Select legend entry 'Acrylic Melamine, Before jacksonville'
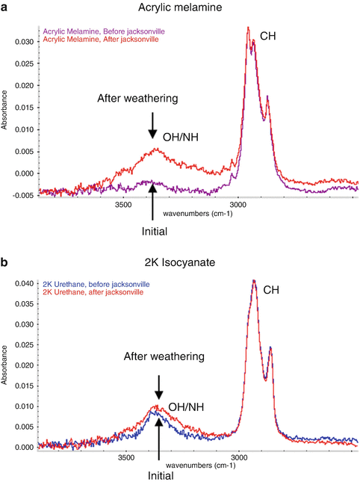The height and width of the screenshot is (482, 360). [104, 31]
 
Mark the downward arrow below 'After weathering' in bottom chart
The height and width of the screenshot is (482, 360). [158, 387]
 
